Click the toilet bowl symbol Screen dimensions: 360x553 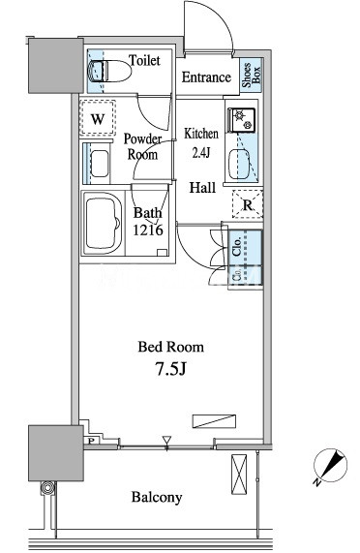[110, 71]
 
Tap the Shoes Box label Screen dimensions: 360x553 [251, 75]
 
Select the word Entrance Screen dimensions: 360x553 [206, 77]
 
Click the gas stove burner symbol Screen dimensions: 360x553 [243, 119]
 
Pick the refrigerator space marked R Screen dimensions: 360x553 [248, 204]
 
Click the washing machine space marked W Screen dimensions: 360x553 [98, 118]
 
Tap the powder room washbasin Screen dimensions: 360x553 [100, 164]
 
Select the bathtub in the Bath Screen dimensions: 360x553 [102, 223]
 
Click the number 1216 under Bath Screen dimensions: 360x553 [148, 230]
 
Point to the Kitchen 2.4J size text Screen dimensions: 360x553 [201, 142]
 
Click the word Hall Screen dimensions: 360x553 [202, 187]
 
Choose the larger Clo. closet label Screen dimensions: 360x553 [237, 246]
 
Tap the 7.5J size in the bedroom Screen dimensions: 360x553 [170, 369]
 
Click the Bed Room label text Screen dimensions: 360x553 [171, 347]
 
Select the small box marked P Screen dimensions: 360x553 [91, 441]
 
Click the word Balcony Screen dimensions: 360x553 [157, 497]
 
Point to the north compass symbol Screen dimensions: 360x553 [330, 466]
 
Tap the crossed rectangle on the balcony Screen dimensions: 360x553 [239, 474]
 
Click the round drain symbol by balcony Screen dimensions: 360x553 [47, 488]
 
